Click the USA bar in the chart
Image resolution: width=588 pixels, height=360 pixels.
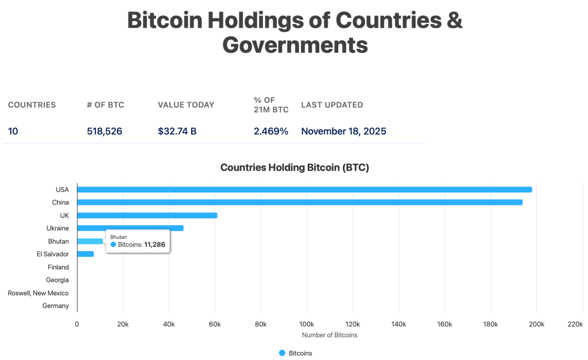tap(304, 189)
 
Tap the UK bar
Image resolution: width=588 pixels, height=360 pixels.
tap(147, 215)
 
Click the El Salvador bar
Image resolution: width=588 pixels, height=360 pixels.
tap(85, 254)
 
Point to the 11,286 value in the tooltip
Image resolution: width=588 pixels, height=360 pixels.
tap(154, 245)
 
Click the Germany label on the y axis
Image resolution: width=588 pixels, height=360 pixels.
tap(56, 306)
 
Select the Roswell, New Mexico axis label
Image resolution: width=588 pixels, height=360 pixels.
tap(38, 293)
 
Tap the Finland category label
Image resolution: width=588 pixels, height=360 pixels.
tap(58, 267)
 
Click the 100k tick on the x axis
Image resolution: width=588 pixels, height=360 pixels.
tap(307, 324)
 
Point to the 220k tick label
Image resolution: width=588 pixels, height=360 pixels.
tap(575, 324)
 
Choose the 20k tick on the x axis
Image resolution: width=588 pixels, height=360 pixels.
tap(122, 324)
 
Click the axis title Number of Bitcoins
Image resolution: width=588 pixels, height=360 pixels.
tap(330, 335)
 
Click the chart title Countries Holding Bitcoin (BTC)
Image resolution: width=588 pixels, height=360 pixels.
tap(295, 168)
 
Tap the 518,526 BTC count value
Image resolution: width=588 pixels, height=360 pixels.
tap(105, 131)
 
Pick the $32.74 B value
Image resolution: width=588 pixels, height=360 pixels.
tap(177, 131)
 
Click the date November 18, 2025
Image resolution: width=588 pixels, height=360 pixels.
tap(343, 131)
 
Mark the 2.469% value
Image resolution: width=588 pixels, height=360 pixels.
tap(271, 131)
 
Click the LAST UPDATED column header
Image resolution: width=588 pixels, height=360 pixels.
tap(332, 105)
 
